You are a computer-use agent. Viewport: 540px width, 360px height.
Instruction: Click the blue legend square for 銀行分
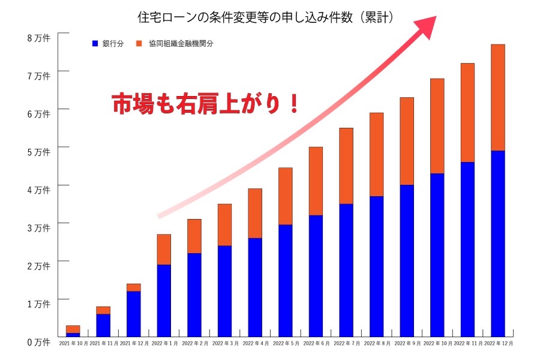(95, 44)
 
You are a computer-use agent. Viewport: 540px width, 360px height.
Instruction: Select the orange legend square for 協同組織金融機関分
(139, 44)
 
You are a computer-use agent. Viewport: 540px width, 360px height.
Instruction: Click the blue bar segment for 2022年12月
(497, 243)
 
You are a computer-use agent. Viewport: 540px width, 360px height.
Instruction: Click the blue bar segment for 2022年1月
(163, 300)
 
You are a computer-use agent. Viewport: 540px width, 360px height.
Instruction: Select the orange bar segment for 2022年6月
(316, 181)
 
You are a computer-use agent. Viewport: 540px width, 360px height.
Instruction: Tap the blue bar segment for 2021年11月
(103, 325)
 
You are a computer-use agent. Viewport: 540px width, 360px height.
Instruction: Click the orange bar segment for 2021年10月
(73, 329)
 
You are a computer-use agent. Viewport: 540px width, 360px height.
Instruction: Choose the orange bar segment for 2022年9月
(407, 141)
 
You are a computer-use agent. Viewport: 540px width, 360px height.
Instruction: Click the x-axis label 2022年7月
(346, 344)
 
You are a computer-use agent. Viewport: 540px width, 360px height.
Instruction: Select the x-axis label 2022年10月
(437, 344)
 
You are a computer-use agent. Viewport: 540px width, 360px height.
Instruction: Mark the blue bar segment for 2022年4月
(254, 287)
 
